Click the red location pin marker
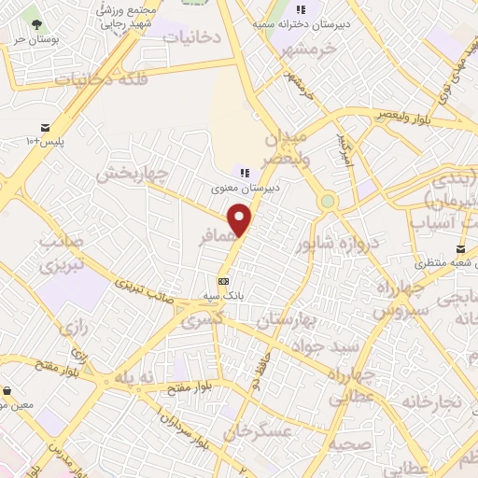[241, 219]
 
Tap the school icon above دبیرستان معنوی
[245, 173]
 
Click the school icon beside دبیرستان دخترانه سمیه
[301, 9]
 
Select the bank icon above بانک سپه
[223, 281]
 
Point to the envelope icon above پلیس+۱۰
[45, 128]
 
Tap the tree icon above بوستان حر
[35, 22]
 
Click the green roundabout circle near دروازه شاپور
[327, 201]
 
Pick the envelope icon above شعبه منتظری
[461, 249]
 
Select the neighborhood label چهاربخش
[131, 174]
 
